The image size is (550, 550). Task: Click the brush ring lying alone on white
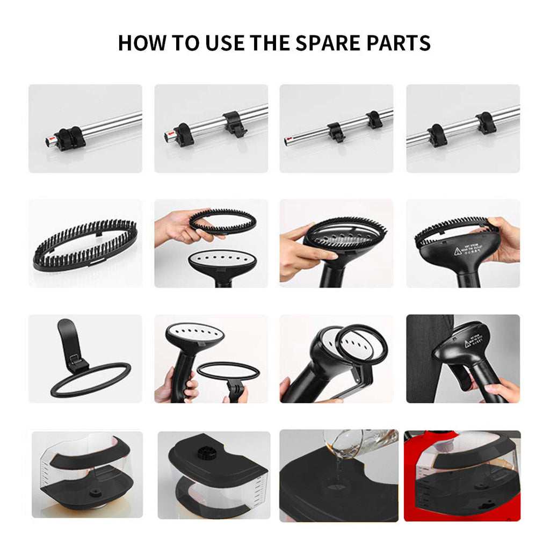tap(85, 245)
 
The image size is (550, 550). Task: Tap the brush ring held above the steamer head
tap(222, 220)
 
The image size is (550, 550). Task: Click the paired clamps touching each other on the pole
tap(69, 139)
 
